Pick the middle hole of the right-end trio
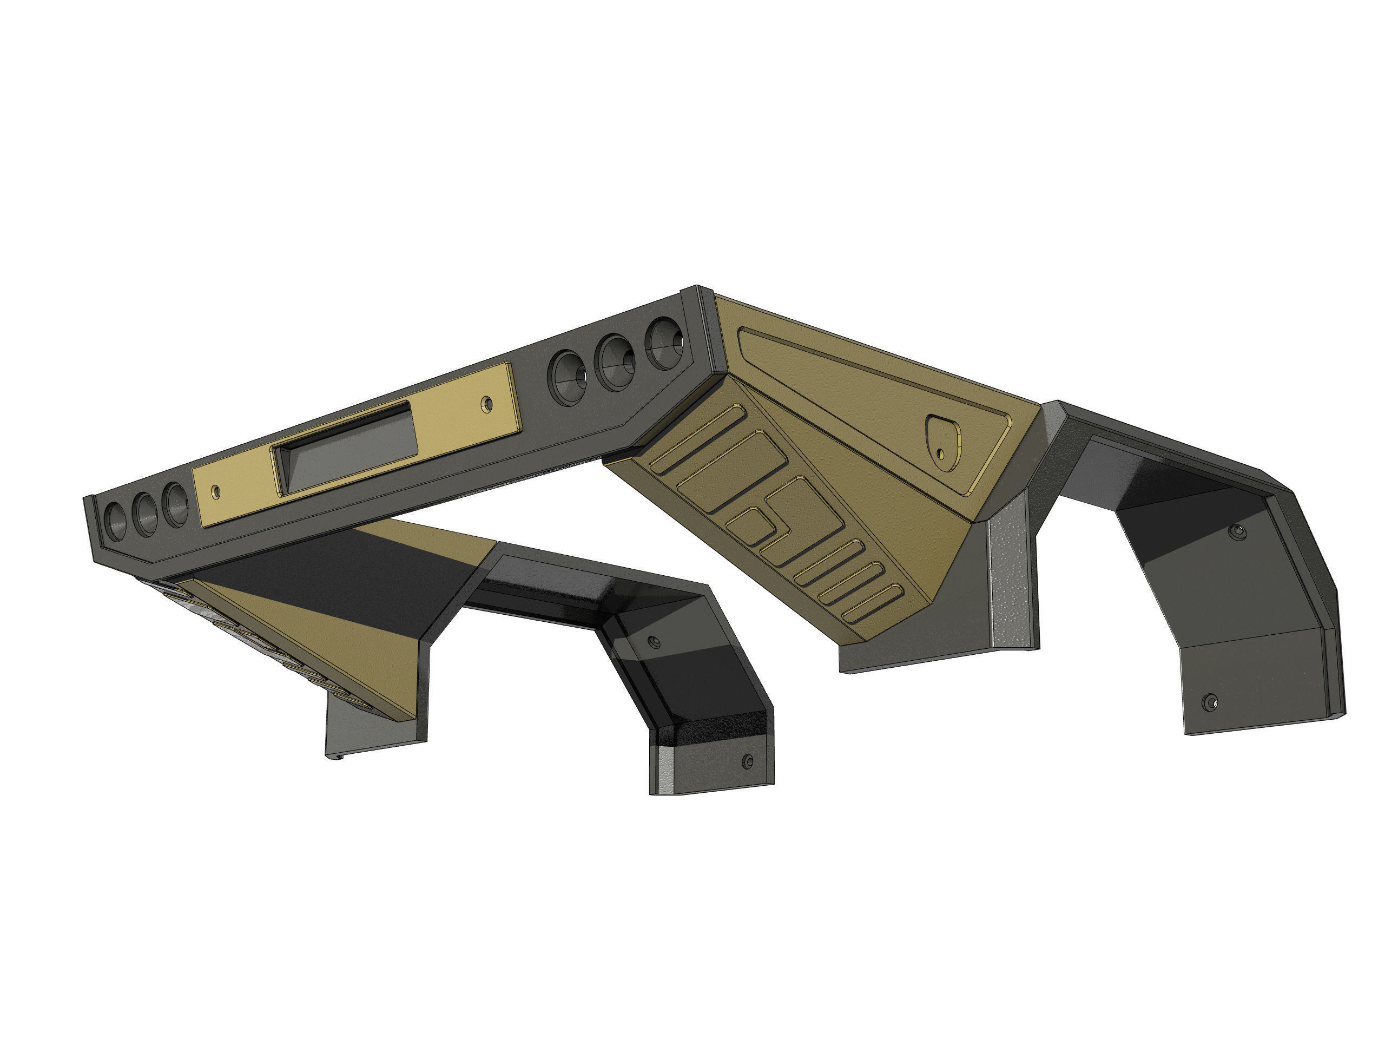[617, 363]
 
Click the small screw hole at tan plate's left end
[216, 491]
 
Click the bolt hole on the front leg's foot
[747, 761]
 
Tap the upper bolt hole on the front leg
[654, 642]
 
